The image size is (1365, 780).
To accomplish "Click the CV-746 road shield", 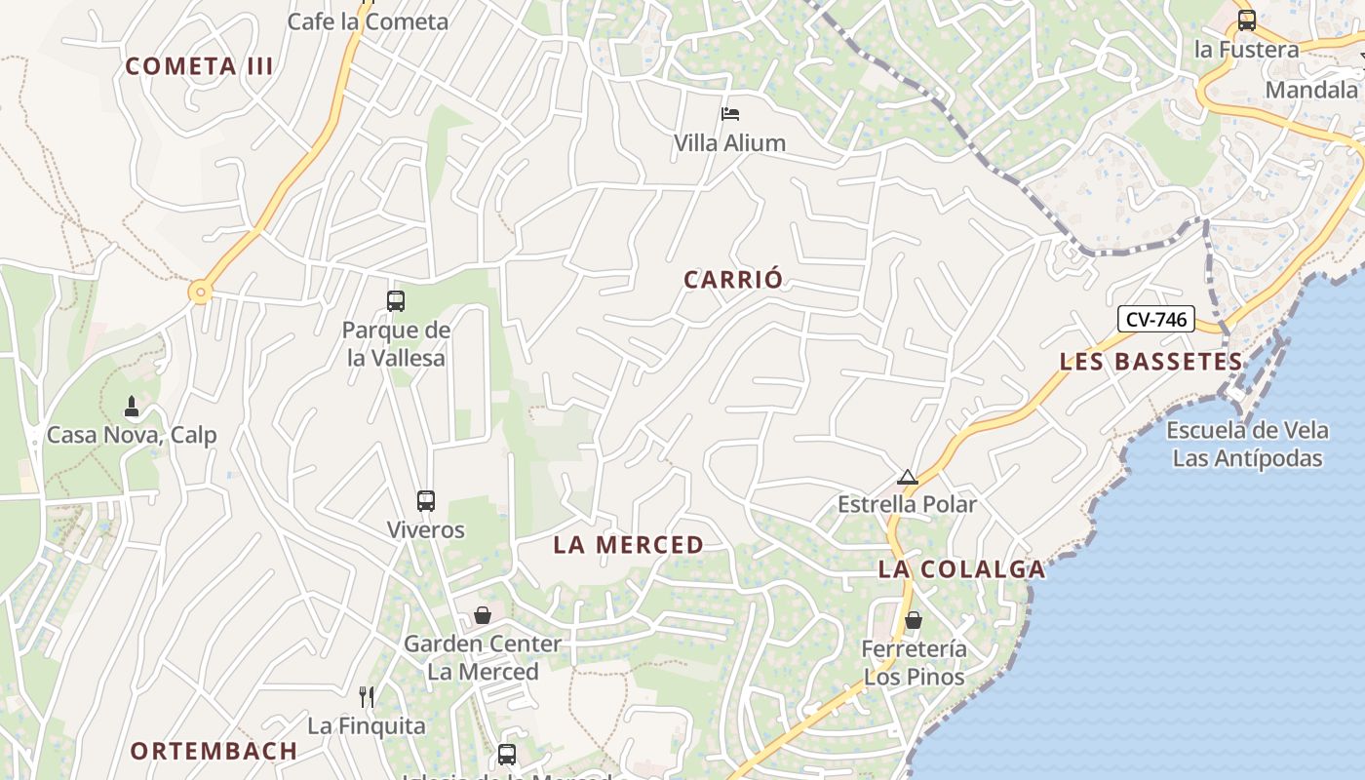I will click(1155, 319).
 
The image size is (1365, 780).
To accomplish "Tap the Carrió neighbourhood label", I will click(733, 280).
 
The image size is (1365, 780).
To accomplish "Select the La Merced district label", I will click(629, 545).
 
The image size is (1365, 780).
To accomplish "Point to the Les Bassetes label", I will click(1151, 362).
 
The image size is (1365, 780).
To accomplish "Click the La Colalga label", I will click(961, 569).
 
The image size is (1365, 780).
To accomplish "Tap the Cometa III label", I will click(200, 66).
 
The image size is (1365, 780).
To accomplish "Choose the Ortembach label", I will click(214, 751).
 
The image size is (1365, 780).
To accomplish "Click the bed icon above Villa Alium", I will click(729, 114).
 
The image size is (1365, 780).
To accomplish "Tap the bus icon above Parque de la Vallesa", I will click(396, 301).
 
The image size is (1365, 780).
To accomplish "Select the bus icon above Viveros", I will click(426, 501).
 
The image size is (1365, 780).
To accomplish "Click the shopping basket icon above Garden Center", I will click(483, 615).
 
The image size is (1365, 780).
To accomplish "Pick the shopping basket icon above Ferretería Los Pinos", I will click(914, 620).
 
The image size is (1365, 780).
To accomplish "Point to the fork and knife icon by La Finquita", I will click(367, 696).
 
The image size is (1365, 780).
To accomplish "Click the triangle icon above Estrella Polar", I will click(908, 477).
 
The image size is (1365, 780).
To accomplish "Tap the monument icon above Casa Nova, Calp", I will click(132, 406).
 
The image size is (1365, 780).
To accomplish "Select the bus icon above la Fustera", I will click(1246, 20).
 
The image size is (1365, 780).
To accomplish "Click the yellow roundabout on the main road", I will click(201, 292).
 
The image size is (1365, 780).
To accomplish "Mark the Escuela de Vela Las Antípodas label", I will click(1247, 445).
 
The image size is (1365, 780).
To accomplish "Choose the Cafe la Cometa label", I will click(368, 21).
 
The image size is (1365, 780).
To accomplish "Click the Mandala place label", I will click(1311, 91).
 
